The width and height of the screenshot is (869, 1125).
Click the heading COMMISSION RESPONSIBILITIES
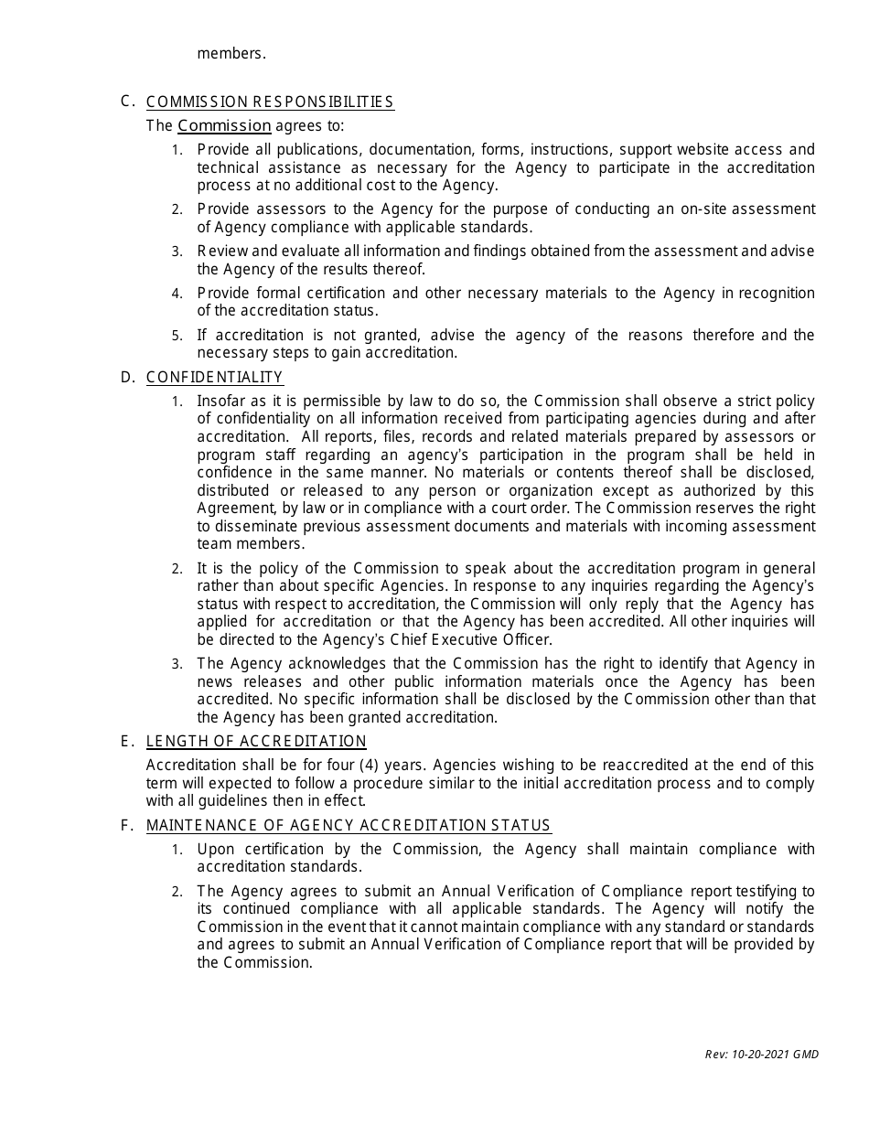(x=270, y=102)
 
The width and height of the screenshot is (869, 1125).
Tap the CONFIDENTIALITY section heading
(x=214, y=377)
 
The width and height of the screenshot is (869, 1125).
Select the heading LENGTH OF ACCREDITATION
(x=256, y=741)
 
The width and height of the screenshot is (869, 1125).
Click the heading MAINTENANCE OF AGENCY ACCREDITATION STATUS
(x=349, y=825)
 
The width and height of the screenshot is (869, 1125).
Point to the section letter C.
(x=126, y=101)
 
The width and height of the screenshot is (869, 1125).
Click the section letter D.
(x=127, y=377)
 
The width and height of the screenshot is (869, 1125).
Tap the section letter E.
(x=126, y=741)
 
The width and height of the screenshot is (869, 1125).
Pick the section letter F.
(x=126, y=825)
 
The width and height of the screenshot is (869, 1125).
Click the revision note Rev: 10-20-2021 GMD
(x=761, y=1054)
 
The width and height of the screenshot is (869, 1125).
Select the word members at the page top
(x=231, y=53)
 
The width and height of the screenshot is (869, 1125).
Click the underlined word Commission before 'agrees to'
(x=224, y=125)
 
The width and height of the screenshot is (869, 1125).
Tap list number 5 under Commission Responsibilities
(x=177, y=336)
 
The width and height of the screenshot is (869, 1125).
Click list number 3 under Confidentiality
(x=177, y=664)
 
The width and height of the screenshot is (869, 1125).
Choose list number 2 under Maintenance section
(x=177, y=892)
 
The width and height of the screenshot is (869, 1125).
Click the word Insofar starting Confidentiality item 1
(x=220, y=401)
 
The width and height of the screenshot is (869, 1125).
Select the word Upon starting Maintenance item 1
(x=215, y=849)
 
